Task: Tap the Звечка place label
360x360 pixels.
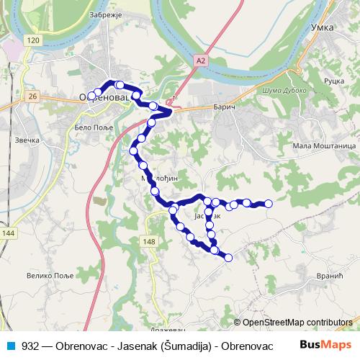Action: tap(28, 140)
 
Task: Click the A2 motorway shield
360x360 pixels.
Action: tap(199, 63)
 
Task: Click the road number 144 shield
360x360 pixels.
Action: tap(8, 233)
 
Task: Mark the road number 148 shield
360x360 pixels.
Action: tap(149, 241)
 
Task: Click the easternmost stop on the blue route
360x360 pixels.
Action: tap(269, 204)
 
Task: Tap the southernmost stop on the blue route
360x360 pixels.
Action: tap(229, 258)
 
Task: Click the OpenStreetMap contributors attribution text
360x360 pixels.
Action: tap(297, 322)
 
